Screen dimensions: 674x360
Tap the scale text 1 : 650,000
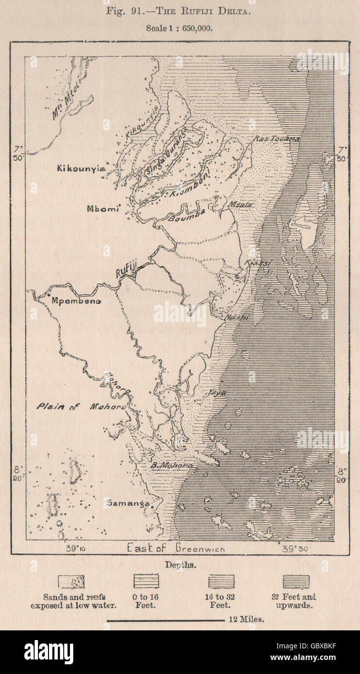coord(179,28)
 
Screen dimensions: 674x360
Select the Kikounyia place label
coord(81,168)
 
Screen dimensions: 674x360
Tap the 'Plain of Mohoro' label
coord(81,407)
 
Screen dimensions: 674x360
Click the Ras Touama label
coord(276,139)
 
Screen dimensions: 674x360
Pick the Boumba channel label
coord(187,215)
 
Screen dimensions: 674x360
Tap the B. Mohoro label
coord(171,465)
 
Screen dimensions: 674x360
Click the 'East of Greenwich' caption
coord(176,548)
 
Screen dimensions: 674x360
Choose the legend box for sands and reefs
coord(71,581)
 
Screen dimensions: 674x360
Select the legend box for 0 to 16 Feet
coord(146,581)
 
